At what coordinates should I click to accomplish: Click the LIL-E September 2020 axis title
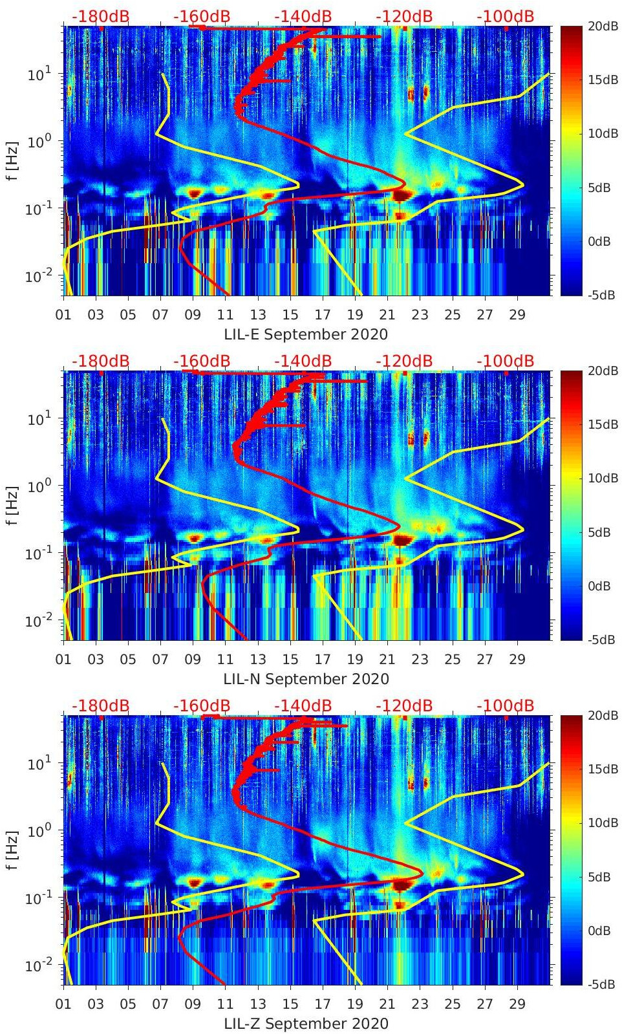(306, 334)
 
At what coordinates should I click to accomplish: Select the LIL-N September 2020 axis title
(306, 679)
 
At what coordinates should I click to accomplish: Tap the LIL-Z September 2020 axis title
(306, 1024)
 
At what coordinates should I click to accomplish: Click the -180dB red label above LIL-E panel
(100, 16)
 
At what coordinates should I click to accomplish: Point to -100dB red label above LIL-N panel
(505, 361)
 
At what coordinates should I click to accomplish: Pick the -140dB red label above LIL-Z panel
(303, 705)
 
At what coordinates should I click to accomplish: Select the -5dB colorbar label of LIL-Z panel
(601, 984)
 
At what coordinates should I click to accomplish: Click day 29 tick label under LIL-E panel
(517, 315)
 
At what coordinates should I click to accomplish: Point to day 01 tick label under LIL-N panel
(63, 660)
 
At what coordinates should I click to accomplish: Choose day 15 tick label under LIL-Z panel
(290, 1004)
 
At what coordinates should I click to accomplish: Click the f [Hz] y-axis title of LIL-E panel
(12, 161)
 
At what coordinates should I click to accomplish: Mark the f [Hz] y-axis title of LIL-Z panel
(12, 850)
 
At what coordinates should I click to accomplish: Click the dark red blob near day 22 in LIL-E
(402, 195)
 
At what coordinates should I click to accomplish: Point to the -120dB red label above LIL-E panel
(404, 16)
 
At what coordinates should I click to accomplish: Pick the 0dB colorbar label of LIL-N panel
(599, 586)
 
